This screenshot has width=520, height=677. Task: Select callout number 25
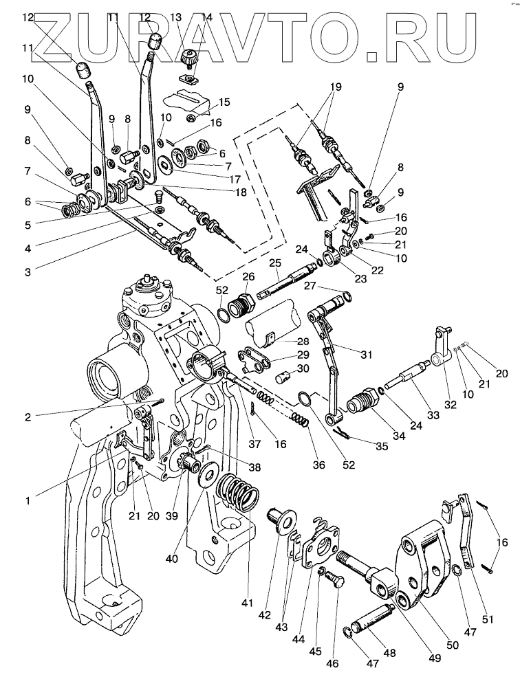point(274,263)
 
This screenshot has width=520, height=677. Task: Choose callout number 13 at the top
point(175,16)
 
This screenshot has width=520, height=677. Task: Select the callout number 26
point(248,276)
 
